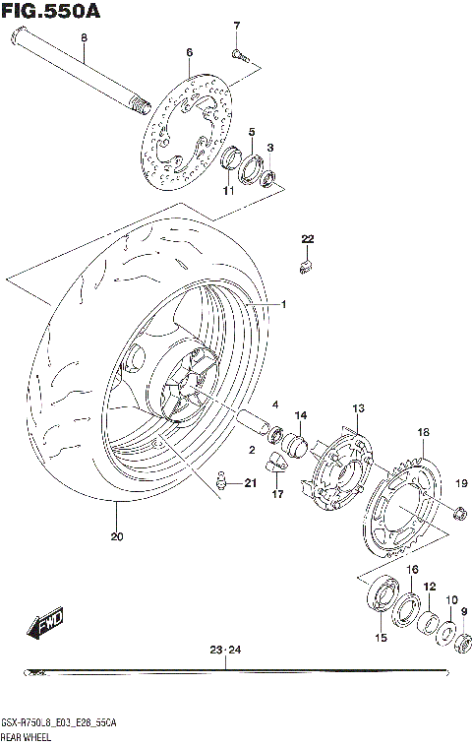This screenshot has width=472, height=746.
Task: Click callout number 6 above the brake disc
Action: pyautogui.click(x=189, y=52)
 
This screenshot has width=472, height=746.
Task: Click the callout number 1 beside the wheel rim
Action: pyautogui.click(x=283, y=305)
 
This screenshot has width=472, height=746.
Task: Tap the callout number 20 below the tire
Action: pyautogui.click(x=117, y=536)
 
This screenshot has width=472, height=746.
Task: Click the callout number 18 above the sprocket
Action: pyautogui.click(x=423, y=432)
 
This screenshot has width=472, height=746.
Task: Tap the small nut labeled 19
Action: pyautogui.click(x=458, y=512)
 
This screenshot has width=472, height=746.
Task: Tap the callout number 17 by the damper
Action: pyautogui.click(x=277, y=493)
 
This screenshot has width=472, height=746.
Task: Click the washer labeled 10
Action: pyautogui.click(x=445, y=634)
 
